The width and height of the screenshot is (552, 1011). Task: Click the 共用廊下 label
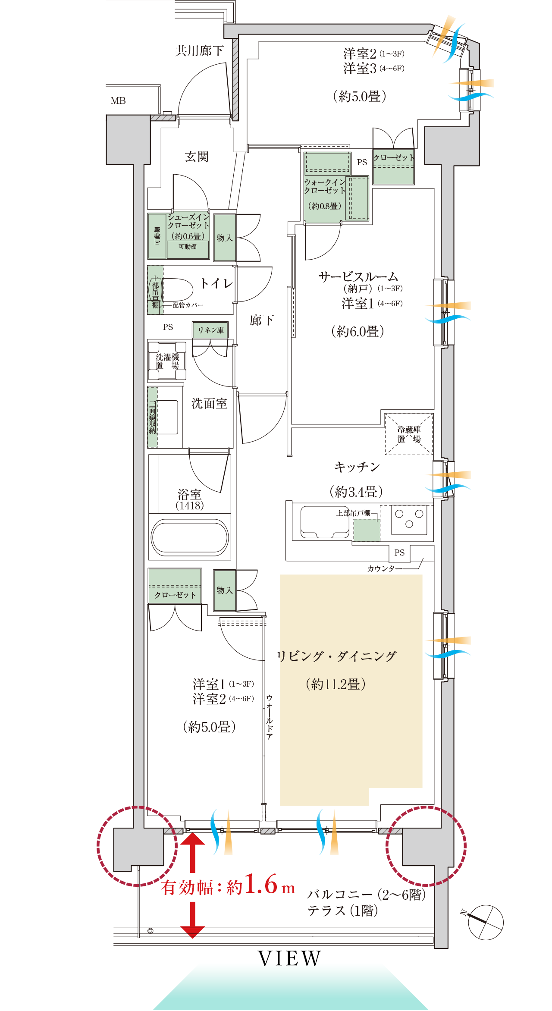pyautogui.click(x=199, y=51)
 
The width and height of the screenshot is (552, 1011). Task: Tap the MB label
pyautogui.click(x=118, y=101)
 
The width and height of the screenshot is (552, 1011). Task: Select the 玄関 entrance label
pyautogui.click(x=197, y=157)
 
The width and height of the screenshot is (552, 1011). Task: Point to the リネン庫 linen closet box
pyautogui.click(x=210, y=330)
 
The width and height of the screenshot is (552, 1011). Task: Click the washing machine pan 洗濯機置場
pyautogui.click(x=167, y=361)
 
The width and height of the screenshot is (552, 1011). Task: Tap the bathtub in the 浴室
pyautogui.click(x=190, y=537)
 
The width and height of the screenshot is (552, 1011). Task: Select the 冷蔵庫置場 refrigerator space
pyautogui.click(x=408, y=434)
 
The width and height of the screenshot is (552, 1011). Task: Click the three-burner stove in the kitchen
pyautogui.click(x=409, y=519)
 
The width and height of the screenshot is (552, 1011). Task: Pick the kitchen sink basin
pyautogui.click(x=324, y=521)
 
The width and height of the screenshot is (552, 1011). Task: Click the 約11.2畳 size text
pyautogui.click(x=336, y=684)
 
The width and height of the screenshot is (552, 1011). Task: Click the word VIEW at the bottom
pyautogui.click(x=290, y=958)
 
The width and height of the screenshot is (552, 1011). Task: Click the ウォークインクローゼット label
pyautogui.click(x=325, y=186)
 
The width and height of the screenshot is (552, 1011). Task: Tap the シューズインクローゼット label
pyautogui.click(x=188, y=221)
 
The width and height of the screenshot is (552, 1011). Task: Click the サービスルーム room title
pyautogui.click(x=358, y=276)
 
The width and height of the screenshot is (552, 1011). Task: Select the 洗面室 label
pyautogui.click(x=209, y=404)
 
